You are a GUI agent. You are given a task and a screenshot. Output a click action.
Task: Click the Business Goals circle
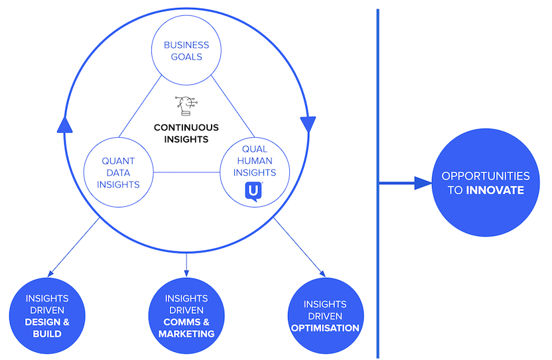point(186,50)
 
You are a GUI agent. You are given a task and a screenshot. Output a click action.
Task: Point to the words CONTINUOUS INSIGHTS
point(186,133)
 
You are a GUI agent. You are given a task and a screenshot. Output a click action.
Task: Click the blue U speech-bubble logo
point(254,192)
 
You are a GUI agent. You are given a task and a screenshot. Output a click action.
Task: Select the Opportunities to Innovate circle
point(486,183)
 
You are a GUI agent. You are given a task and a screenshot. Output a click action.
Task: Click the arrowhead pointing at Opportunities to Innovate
point(423,183)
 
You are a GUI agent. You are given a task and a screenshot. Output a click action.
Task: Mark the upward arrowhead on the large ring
point(64,123)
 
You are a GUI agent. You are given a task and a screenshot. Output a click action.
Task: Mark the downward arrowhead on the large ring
point(308,123)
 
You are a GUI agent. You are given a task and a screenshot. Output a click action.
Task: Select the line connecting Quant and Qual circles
point(186,173)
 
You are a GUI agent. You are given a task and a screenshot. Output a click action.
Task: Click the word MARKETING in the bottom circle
point(186,333)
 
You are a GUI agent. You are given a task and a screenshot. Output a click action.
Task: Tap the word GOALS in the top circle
point(186,57)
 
